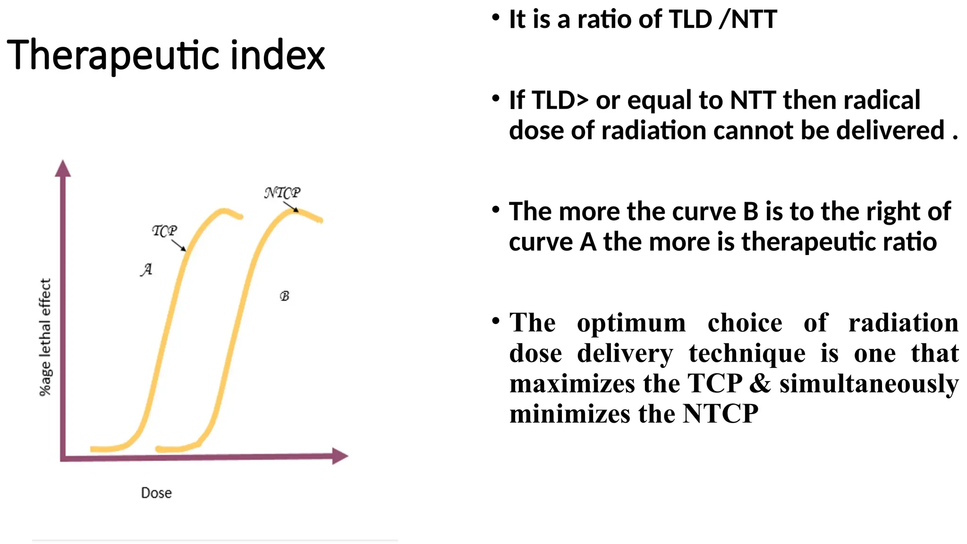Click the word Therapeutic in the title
tap(113, 56)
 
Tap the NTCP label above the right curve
tap(282, 193)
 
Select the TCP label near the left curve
tap(164, 230)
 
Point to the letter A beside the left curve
tap(146, 269)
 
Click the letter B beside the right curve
tap(284, 296)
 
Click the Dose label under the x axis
tap(156, 493)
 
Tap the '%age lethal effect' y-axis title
tap(45, 337)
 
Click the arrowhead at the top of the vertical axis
tap(63, 168)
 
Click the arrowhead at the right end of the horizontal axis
tap(339, 456)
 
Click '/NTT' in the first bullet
tap(747, 20)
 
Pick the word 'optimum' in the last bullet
tap(631, 323)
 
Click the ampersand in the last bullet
tap(760, 383)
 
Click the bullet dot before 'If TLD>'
tap(495, 99)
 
